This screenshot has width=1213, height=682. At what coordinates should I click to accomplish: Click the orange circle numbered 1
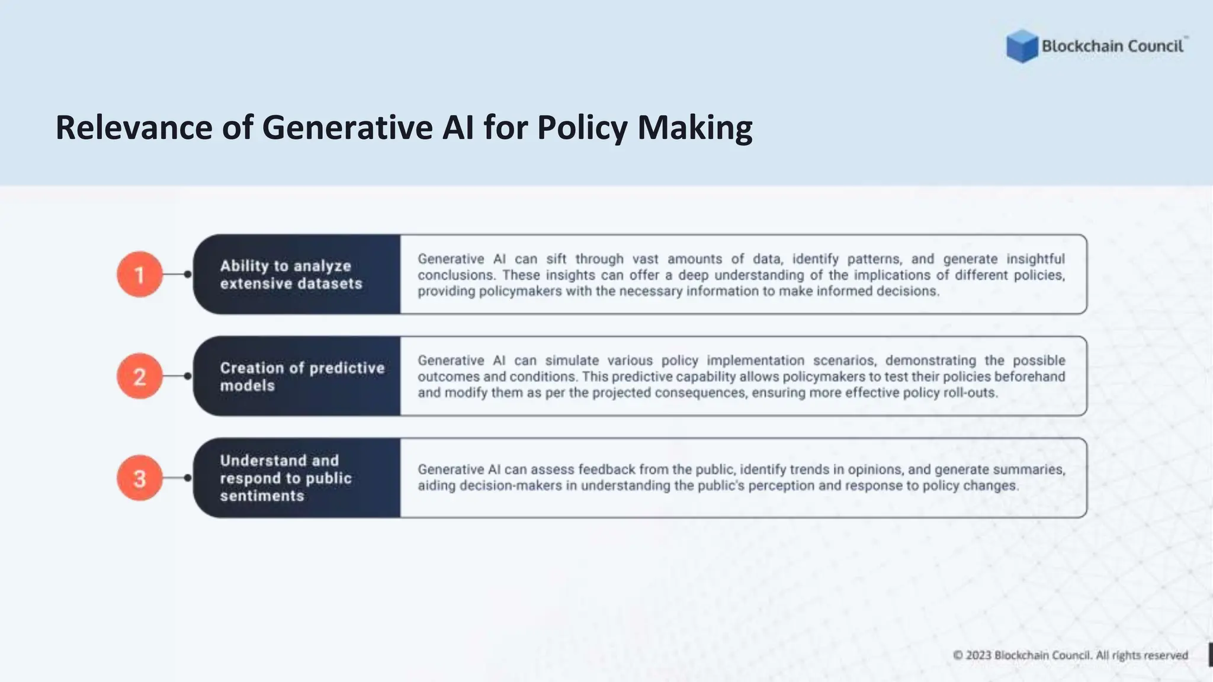140,274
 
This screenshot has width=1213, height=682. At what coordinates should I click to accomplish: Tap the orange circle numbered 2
140,376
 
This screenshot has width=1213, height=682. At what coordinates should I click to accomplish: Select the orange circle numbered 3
140,478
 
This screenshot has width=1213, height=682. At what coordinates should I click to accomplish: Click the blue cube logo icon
1022,46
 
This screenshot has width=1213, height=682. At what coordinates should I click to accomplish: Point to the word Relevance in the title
134,127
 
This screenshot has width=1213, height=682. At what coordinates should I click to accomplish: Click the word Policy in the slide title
582,127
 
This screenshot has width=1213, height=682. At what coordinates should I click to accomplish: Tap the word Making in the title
695,127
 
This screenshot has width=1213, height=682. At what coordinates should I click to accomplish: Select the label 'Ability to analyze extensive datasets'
291,275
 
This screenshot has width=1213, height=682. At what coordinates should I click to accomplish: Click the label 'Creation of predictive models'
302,377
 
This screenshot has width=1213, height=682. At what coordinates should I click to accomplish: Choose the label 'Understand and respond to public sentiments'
285,478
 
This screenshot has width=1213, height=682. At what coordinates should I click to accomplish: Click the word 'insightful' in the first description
1035,259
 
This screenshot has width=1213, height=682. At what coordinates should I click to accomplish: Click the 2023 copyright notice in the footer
1070,655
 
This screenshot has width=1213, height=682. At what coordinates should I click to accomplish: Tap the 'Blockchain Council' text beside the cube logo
1112,46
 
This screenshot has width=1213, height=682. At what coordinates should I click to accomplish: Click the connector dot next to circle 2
188,376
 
